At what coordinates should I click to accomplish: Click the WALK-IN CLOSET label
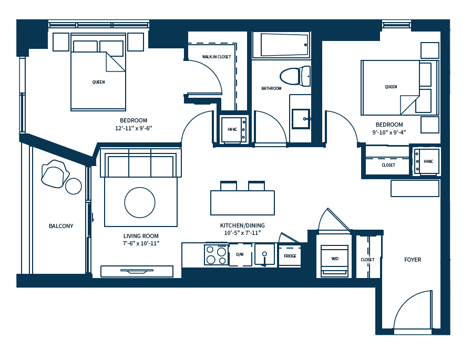click(217, 57)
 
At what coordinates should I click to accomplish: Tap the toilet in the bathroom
click(294, 76)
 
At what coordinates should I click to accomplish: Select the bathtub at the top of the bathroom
click(284, 45)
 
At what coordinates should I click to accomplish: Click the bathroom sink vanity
click(301, 119)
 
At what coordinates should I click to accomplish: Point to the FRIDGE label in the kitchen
click(290, 256)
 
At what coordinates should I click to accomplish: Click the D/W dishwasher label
click(240, 254)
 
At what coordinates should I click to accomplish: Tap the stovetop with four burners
click(216, 255)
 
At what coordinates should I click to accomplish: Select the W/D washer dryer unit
click(334, 259)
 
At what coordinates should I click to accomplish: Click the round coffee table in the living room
click(140, 202)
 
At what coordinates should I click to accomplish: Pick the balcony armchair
click(54, 174)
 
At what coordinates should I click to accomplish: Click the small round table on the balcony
click(74, 186)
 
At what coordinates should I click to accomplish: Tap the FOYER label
click(413, 260)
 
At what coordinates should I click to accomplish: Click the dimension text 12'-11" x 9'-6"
click(134, 128)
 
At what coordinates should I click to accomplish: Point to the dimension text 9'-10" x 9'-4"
click(389, 132)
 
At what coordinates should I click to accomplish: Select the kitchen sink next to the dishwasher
click(264, 254)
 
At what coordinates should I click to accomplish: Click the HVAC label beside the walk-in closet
click(232, 129)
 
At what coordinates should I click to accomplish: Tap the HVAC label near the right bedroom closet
click(428, 161)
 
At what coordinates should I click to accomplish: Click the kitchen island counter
click(242, 203)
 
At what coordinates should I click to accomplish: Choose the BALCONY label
click(61, 226)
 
